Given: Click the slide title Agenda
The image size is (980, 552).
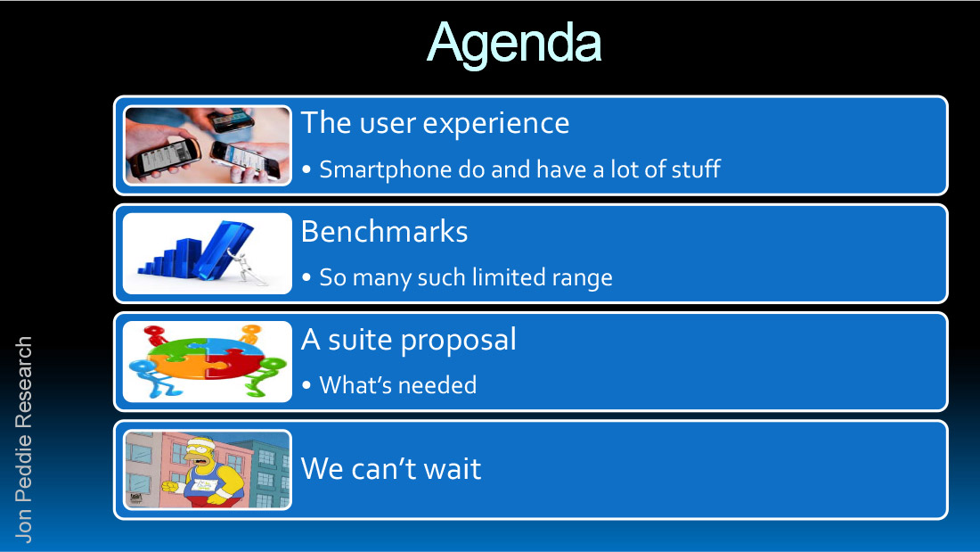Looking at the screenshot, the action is click(514, 44).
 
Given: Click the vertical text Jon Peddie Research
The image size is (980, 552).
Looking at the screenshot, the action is click(23, 440).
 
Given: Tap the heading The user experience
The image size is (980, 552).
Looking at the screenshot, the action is click(435, 123).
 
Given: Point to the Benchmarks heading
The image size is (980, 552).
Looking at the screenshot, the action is click(384, 232).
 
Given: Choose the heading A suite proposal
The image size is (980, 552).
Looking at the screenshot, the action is click(409, 340).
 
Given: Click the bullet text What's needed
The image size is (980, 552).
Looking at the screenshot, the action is click(398, 385).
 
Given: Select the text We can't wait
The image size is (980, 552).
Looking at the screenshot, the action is click(391, 469).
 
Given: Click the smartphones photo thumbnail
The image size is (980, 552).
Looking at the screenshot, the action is click(208, 145).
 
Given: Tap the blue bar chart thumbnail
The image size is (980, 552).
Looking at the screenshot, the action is click(208, 253).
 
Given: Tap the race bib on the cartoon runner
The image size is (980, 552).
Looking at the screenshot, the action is click(204, 485).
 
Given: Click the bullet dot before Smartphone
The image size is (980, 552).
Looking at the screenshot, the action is click(306, 169).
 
